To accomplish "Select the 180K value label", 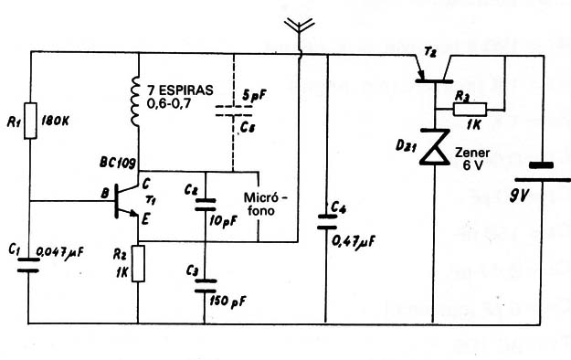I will click(63, 119).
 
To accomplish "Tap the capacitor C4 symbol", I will click(327, 220).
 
